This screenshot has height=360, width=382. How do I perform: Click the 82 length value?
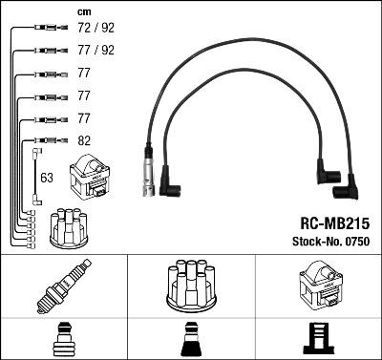[83, 141]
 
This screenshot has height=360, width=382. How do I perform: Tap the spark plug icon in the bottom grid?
[63, 286]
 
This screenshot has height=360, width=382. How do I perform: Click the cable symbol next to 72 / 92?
[43, 29]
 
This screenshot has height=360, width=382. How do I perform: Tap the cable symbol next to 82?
[43, 141]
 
